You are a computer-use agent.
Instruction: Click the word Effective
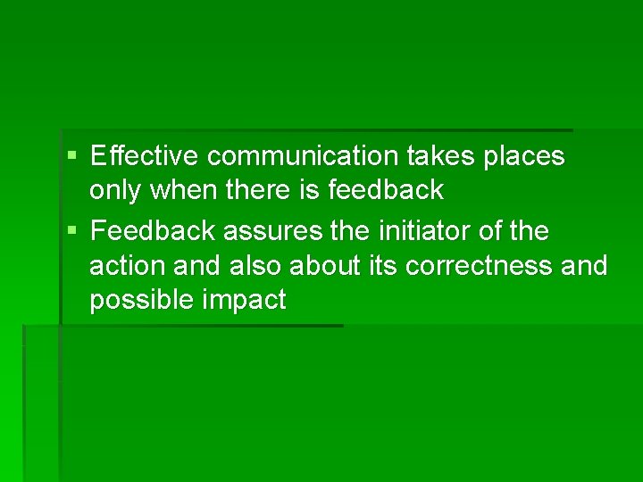[146, 156]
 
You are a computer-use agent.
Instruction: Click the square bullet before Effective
[72, 157]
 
